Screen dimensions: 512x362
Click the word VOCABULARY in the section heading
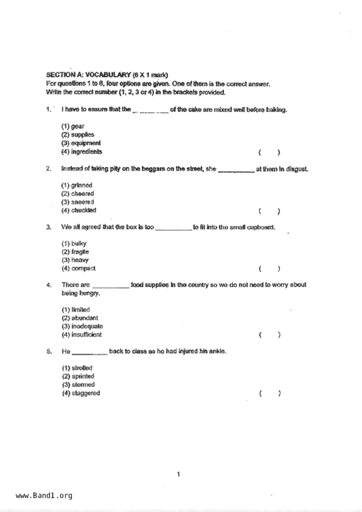[108, 75]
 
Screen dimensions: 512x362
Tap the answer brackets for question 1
[269, 152]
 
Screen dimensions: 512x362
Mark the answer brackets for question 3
[269, 269]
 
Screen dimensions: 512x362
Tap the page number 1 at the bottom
[179, 474]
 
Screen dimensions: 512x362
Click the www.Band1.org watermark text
[44, 495]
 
